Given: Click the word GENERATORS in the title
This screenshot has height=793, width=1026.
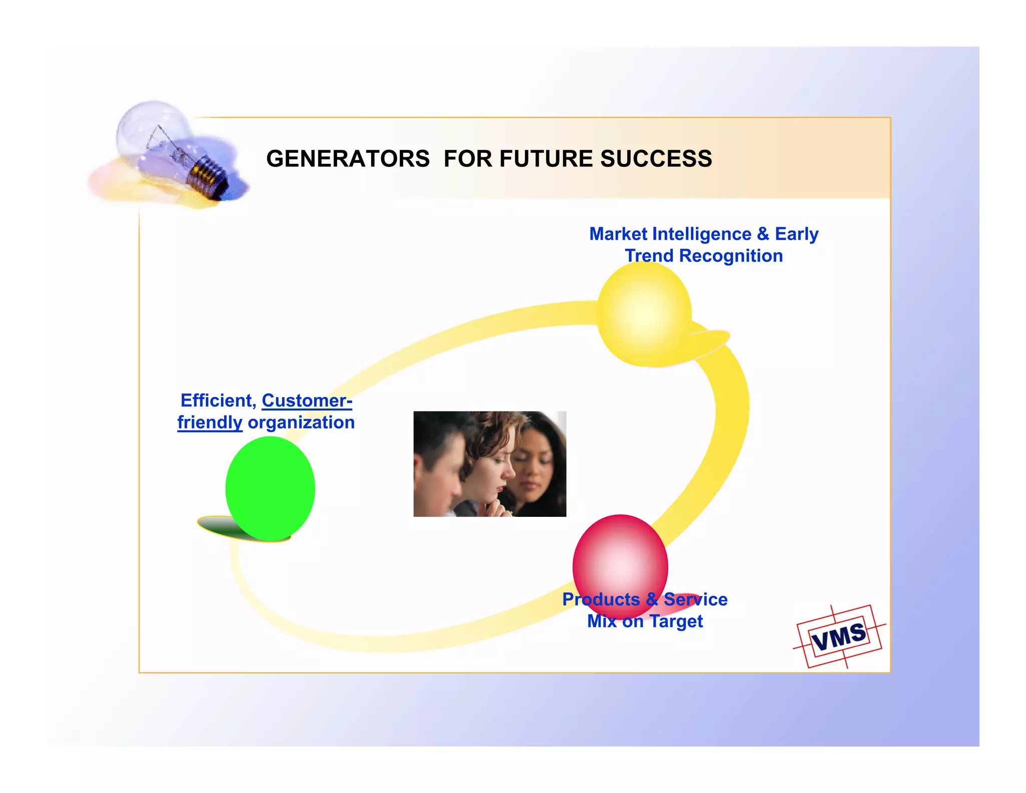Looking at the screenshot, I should point(348,159).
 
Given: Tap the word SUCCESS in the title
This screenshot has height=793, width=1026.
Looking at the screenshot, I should point(656,159).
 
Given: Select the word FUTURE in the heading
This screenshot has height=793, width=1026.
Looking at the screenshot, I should point(546,159).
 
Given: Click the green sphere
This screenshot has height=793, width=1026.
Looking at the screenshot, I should point(270,488).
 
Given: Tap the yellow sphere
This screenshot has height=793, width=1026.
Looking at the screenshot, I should point(644,314).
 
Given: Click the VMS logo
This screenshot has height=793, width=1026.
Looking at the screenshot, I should point(839,637).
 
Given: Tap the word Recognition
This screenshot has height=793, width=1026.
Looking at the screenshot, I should point(730,256).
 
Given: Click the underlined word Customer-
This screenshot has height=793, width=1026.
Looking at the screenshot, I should point(307,401).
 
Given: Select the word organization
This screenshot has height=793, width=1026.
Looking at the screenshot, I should point(301,423).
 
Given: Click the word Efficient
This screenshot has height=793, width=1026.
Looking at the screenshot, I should point(218,401).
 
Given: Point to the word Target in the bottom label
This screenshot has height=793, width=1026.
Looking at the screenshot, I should point(676,622).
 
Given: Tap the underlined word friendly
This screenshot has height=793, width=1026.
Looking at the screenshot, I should point(209,423).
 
